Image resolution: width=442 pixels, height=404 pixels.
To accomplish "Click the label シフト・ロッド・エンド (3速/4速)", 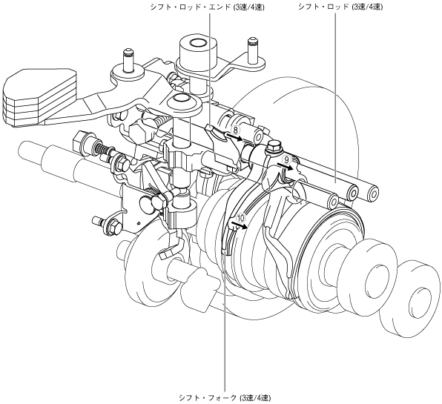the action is coord(208,7).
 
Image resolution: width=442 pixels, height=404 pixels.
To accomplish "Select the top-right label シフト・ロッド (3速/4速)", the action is coord(340,7).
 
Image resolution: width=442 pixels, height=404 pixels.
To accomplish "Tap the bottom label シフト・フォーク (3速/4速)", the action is coord(225,398).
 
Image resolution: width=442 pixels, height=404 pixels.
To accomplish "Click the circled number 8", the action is coord(235,130).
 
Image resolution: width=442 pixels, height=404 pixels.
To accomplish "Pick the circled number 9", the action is coord(286,159).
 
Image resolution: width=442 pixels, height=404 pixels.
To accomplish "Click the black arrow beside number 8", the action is coord(234,137).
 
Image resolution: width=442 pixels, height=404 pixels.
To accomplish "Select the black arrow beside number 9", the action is coord(285,167).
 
